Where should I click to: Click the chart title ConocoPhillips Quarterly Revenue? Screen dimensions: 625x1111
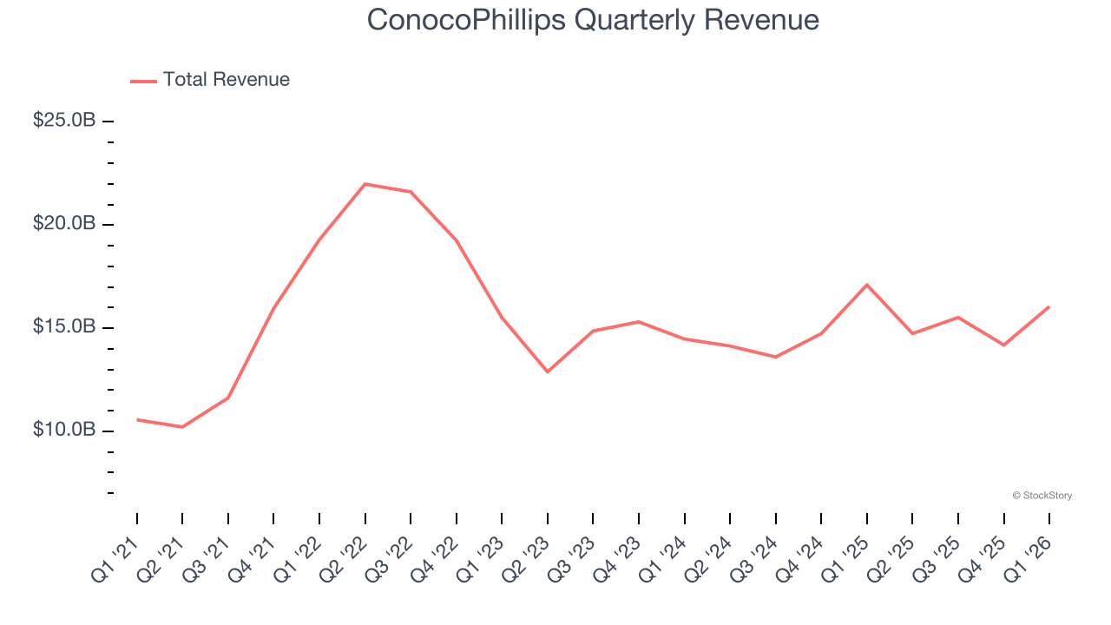tap(593, 19)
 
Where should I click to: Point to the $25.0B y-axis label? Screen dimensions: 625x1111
tap(64, 121)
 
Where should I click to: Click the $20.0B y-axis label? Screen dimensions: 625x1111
tap(64, 224)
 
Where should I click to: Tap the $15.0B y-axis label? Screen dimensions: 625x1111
tap(64, 327)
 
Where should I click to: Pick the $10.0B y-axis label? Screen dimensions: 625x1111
tap(64, 431)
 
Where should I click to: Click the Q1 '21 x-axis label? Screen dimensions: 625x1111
tap(116, 557)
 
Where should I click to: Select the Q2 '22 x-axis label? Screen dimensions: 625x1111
tap(344, 557)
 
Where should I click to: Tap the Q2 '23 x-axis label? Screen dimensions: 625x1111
tap(526, 557)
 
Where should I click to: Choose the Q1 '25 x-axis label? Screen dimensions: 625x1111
tap(845, 557)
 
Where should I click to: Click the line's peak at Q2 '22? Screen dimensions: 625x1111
tap(365, 184)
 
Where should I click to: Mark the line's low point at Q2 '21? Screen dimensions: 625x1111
tap(182, 427)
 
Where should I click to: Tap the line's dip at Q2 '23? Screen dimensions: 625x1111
tap(548, 372)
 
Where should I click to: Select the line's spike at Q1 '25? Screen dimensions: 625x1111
tap(867, 285)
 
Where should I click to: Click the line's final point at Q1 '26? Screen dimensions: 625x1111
tap(1049, 306)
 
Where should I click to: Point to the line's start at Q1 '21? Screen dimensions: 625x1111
tap(137, 420)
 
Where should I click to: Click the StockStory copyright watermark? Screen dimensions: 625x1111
tap(1042, 496)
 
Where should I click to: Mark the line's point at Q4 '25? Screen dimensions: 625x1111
tap(1004, 345)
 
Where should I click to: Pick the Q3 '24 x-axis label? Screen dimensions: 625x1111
tap(754, 557)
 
